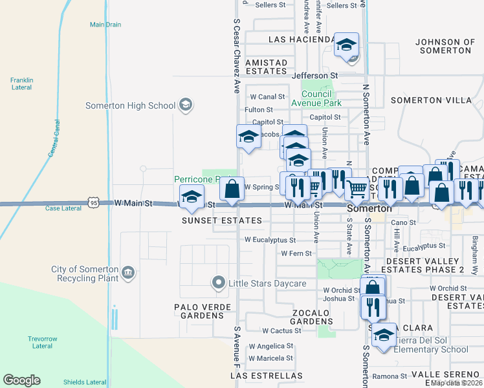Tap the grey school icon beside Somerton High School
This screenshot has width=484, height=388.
tap(186, 105)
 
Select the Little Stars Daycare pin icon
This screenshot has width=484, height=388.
tap(218, 283)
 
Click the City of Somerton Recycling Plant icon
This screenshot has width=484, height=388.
tap(128, 274)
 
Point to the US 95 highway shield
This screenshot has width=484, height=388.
tap(94, 203)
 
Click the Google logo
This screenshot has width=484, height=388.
tap(21, 380)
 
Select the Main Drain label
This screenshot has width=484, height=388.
tap(105, 25)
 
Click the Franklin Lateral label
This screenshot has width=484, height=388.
tap(21, 84)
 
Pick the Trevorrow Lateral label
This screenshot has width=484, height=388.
tap(42, 342)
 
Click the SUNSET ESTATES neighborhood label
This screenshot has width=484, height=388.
tap(221, 221)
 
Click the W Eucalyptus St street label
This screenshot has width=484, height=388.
tap(270, 240)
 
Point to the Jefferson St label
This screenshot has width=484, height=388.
tap(315, 76)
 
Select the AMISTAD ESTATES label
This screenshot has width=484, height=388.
tap(266, 67)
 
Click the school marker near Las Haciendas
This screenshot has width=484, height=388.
tap(346, 46)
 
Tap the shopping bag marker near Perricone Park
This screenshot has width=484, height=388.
tap(232, 189)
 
